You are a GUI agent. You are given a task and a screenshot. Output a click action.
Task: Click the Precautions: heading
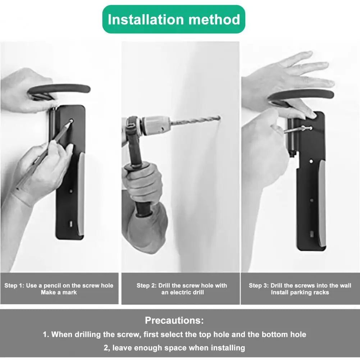tap(174, 320)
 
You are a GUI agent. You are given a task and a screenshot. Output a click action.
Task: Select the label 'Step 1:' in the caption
tap(14, 286)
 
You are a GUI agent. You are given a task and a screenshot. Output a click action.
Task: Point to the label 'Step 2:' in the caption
tap(146, 286)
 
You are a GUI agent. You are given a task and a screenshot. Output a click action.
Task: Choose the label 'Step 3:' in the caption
tap(259, 286)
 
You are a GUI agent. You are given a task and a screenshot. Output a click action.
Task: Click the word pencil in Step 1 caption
tap(52, 286)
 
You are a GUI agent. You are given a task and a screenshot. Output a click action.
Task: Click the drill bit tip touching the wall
tap(220, 118)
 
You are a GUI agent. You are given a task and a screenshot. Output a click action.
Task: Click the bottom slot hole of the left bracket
tap(71, 224)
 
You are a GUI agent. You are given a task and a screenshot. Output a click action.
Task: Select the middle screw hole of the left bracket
tap(71, 191)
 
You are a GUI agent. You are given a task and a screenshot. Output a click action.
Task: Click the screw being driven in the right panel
tap(298, 129)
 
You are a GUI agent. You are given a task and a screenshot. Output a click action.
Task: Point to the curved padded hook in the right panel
tap(301, 96)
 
